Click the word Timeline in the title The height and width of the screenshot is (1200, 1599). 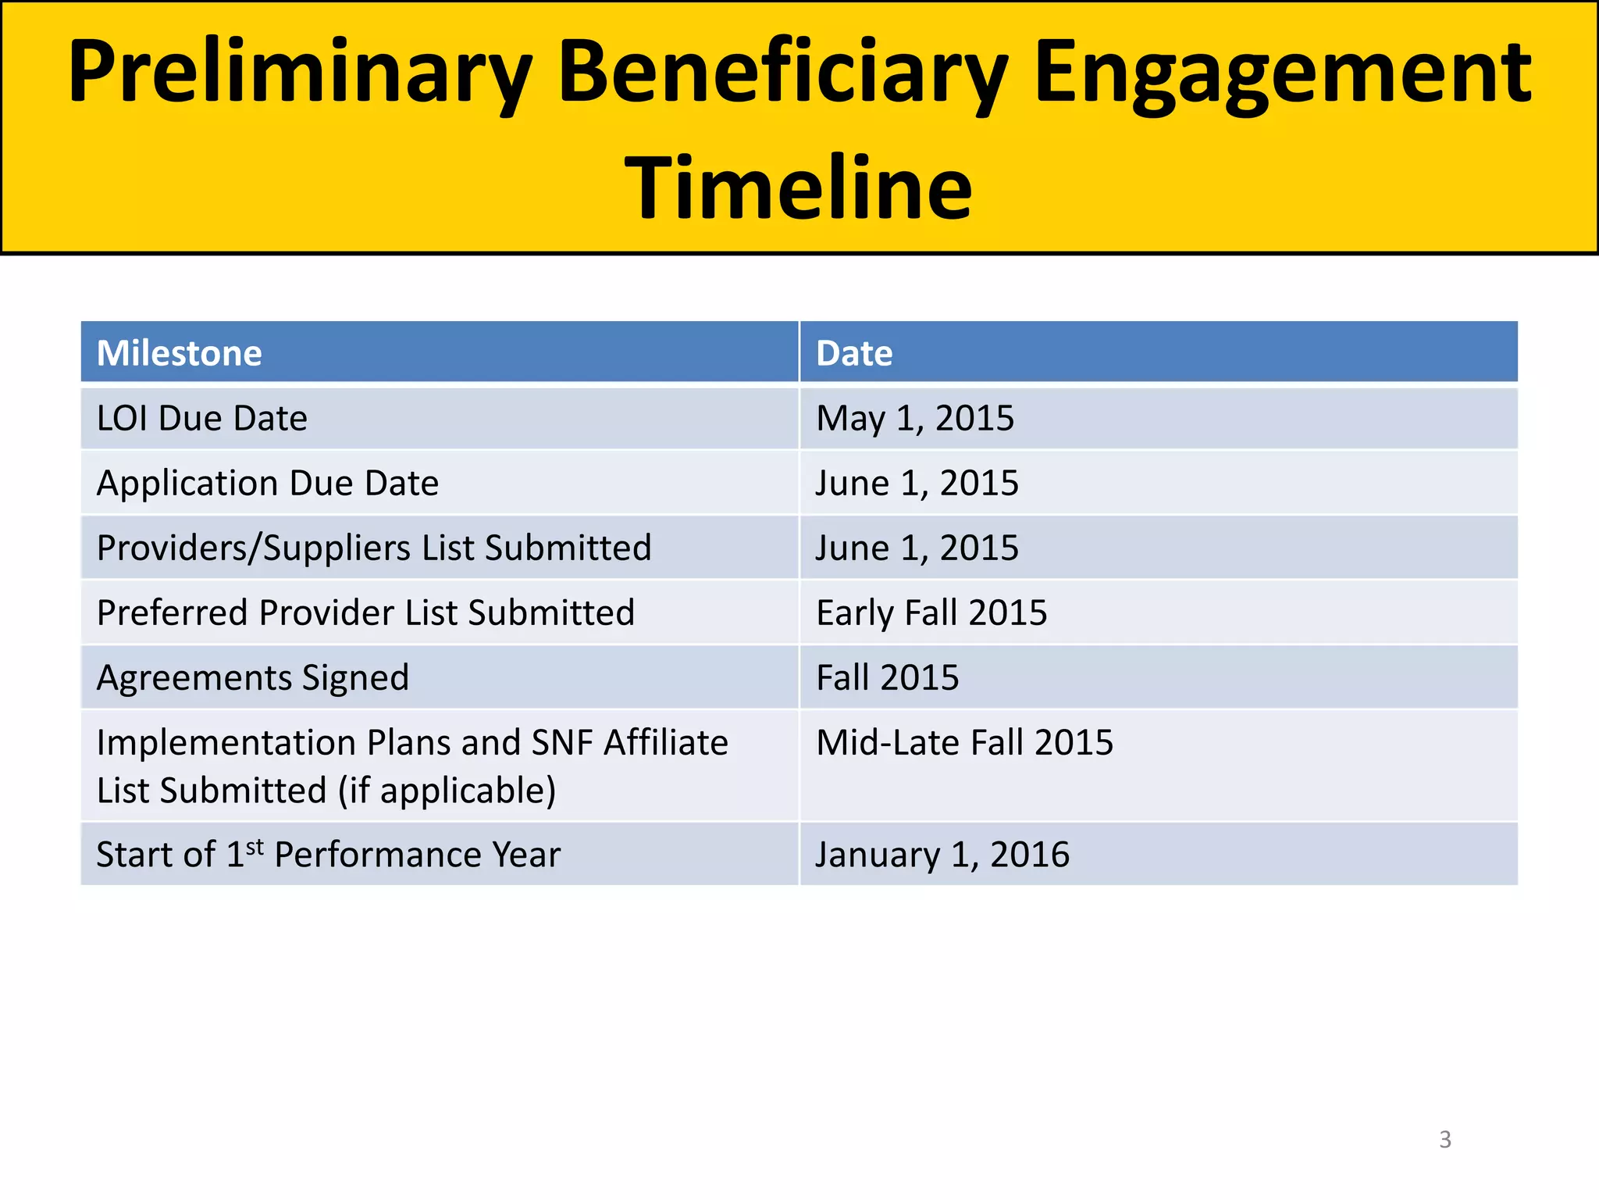click(x=798, y=188)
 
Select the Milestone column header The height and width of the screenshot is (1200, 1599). click(x=180, y=353)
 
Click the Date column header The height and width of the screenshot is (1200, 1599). click(x=854, y=353)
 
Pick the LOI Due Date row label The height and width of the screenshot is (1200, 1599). click(x=202, y=419)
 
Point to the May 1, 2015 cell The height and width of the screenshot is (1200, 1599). click(x=915, y=419)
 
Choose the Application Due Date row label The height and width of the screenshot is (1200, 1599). click(x=268, y=484)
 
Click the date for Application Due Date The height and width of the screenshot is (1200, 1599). click(x=917, y=484)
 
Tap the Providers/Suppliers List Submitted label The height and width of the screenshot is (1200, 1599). click(x=374, y=548)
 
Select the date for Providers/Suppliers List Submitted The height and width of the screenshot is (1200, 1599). click(x=917, y=548)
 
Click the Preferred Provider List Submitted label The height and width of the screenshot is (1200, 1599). click(x=365, y=613)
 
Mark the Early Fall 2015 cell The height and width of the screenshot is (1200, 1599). click(x=931, y=613)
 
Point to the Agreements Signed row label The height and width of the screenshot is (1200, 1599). click(x=253, y=678)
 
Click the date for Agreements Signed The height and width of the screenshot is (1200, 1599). click(x=888, y=678)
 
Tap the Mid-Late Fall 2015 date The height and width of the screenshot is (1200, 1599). click(x=965, y=743)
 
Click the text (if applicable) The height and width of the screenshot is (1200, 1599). click(x=447, y=791)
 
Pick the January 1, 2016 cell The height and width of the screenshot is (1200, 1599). click(x=942, y=855)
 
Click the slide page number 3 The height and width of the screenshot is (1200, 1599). click(x=1445, y=1139)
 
